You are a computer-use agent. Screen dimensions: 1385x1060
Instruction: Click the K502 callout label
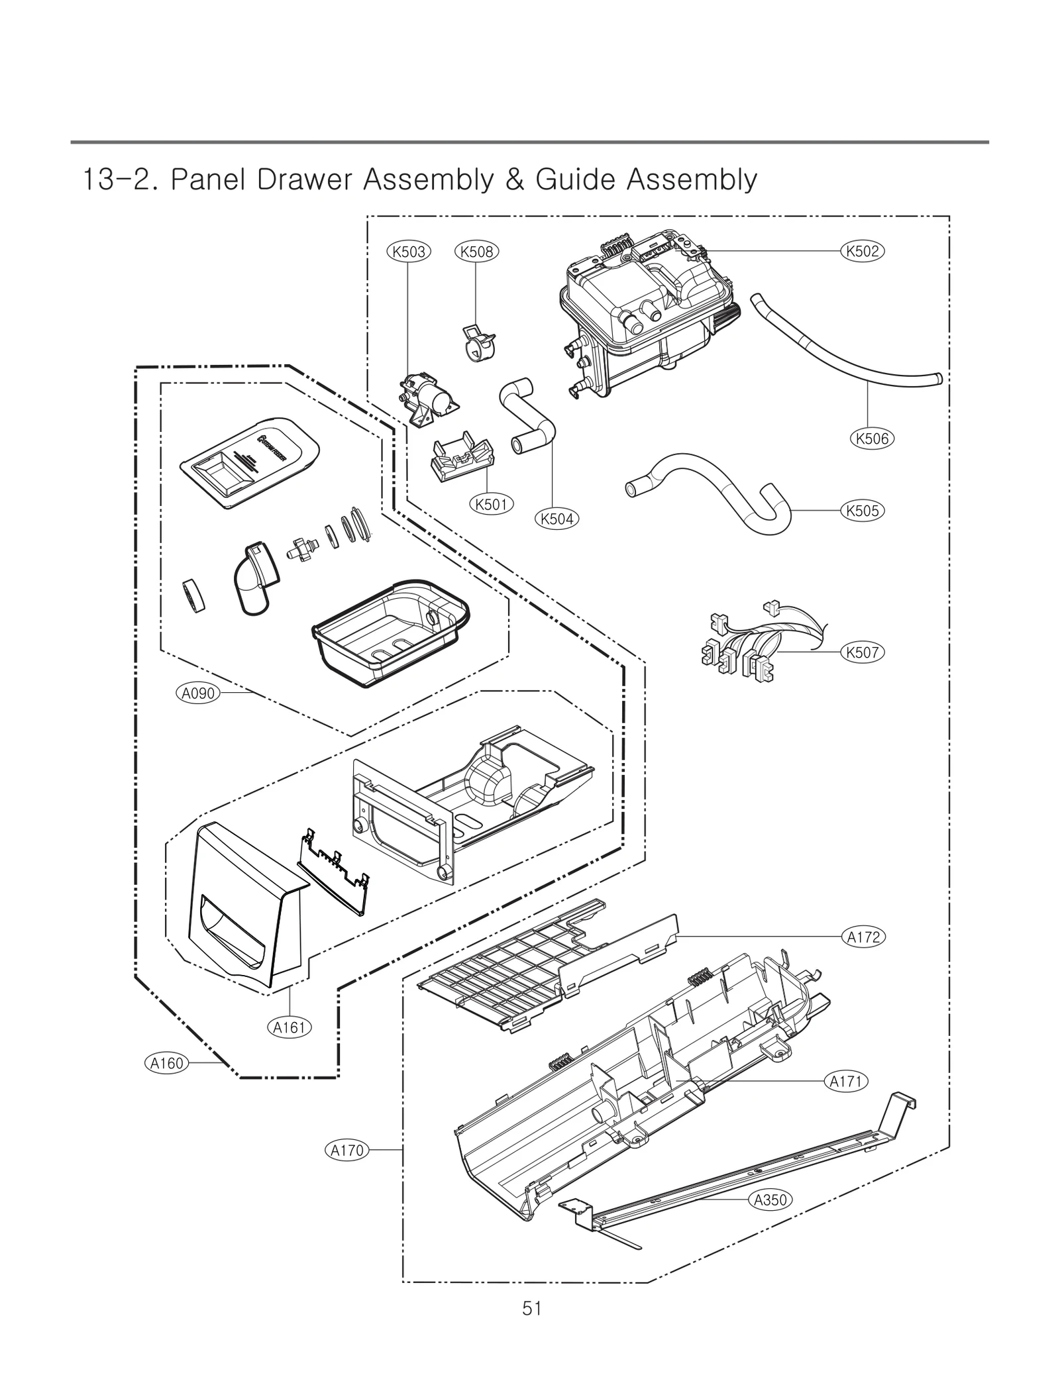click(x=862, y=251)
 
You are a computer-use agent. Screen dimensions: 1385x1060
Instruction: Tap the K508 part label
click(x=477, y=252)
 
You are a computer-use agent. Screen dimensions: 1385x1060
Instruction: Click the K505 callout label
click(x=862, y=511)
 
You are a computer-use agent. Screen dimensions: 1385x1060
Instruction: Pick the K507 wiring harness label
click(x=862, y=652)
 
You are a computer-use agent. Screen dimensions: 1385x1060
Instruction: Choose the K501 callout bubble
click(x=491, y=504)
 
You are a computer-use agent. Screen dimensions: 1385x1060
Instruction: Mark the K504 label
click(x=556, y=519)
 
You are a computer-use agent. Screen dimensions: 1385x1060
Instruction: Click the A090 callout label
click(x=197, y=693)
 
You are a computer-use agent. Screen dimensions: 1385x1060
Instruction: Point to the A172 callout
click(x=863, y=937)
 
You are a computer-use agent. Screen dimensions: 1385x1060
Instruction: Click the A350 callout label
click(x=770, y=1200)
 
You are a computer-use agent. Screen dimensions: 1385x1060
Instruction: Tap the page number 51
click(x=531, y=1308)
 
